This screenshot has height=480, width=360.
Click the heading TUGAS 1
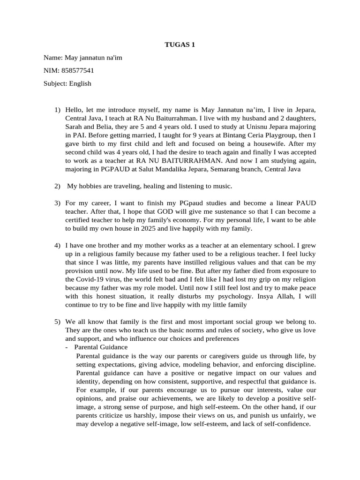point(180,45)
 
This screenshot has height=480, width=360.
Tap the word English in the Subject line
point(80,84)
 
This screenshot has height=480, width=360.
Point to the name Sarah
point(75,127)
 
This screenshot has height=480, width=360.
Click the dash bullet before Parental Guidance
point(68,347)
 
